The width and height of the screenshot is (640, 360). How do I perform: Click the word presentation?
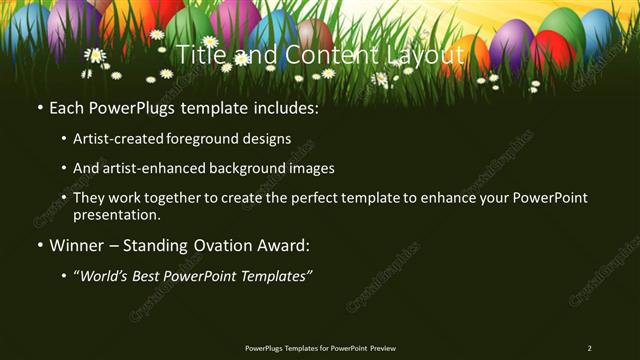116,214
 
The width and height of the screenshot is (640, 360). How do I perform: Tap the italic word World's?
107,275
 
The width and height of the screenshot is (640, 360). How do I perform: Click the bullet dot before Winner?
39,245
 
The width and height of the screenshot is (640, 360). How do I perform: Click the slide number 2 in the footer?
589,348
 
